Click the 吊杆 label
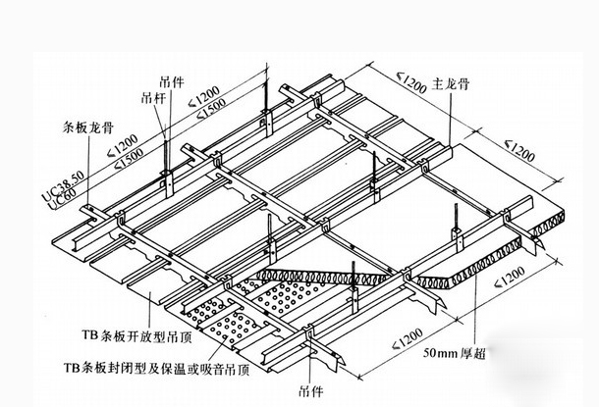pyautogui.click(x=154, y=97)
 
